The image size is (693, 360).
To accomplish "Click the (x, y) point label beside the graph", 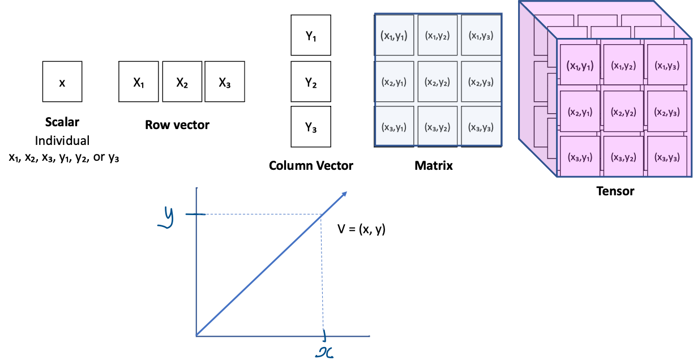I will pos(372,229).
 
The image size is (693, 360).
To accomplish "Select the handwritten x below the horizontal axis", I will pos(324,352).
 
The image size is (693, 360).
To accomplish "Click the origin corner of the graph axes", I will pos(196,336).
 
